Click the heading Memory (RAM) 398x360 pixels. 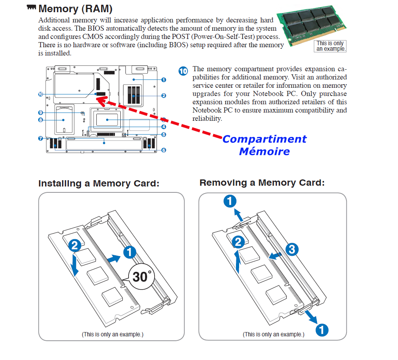(x=75, y=9)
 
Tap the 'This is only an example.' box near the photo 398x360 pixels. (x=330, y=46)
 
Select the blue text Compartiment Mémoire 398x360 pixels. (x=264, y=145)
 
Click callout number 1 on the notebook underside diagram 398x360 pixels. (x=164, y=79)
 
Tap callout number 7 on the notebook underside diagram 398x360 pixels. (x=41, y=120)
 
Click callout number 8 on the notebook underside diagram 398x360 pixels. (x=41, y=112)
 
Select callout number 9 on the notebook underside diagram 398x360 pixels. (x=183, y=71)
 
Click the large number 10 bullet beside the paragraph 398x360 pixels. (x=183, y=71)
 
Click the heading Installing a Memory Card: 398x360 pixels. (x=99, y=184)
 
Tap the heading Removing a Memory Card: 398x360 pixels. (x=262, y=183)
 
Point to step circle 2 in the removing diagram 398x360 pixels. (x=237, y=242)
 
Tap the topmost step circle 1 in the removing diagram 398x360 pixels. (x=230, y=202)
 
